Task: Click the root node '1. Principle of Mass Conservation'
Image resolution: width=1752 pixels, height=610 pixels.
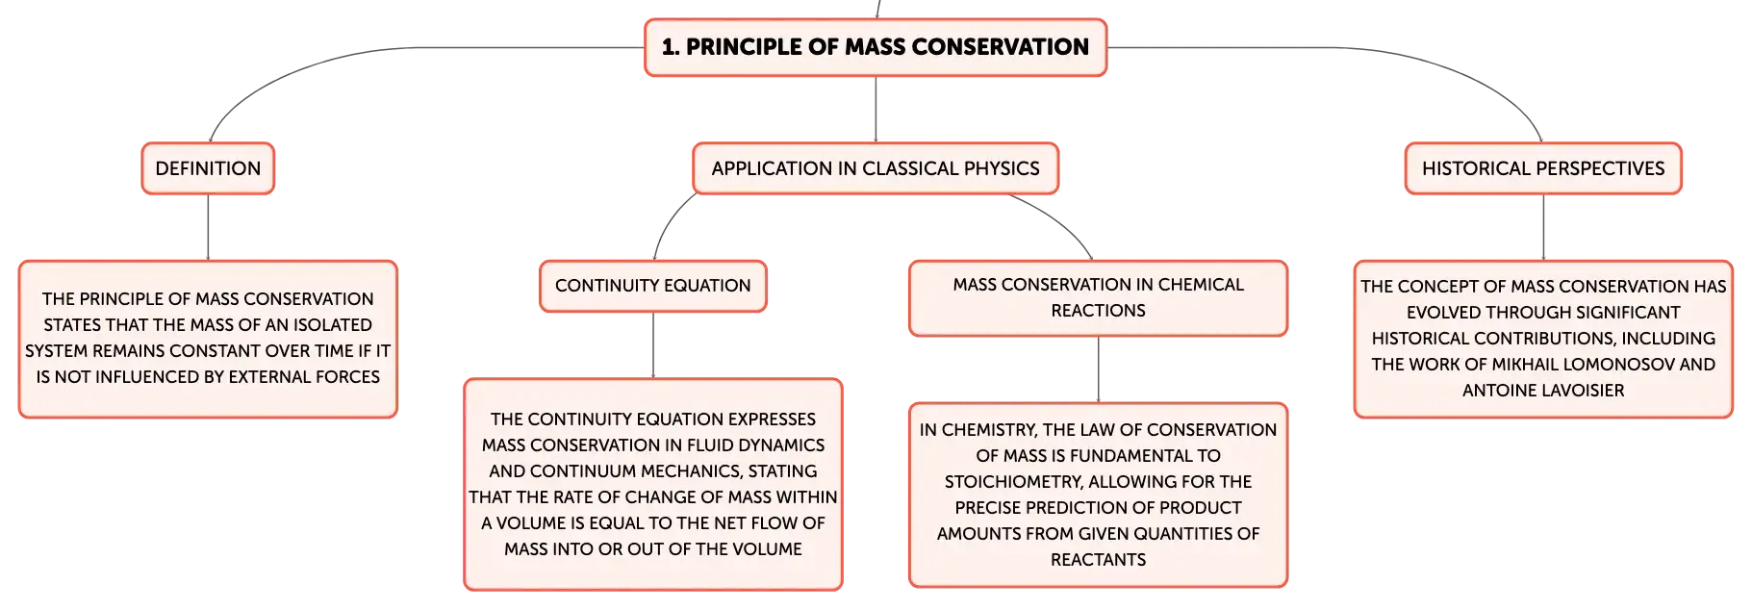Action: coord(876,47)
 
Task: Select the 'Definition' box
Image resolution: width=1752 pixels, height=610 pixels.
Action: coord(208,168)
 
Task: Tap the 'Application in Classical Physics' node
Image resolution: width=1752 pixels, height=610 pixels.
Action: coord(876,168)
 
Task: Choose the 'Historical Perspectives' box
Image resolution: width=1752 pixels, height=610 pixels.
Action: coord(1543,168)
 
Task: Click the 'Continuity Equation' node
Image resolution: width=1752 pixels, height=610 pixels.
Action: coord(653,286)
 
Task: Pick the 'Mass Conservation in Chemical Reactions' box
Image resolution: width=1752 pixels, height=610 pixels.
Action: coord(1098,298)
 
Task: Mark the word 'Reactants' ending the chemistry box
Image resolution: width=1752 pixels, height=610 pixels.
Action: coord(1098,560)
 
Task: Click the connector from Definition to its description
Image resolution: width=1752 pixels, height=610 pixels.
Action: coord(208,227)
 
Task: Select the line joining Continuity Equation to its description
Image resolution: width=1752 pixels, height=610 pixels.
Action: coord(653,345)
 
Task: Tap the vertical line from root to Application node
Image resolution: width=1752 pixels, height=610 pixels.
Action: coord(876,110)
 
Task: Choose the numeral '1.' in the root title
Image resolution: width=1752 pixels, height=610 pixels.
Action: coord(671,47)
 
